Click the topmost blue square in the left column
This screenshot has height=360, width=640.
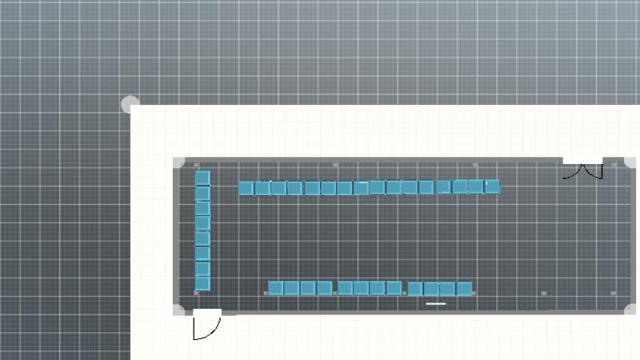click(203, 178)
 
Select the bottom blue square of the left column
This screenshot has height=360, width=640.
click(203, 283)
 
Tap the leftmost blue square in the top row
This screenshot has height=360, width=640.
click(246, 188)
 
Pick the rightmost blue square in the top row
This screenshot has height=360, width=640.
click(493, 186)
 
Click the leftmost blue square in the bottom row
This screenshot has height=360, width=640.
click(276, 288)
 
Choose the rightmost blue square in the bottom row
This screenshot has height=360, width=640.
click(464, 288)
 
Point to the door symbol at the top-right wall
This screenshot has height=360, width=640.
click(582, 167)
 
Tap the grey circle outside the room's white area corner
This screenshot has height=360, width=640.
click(130, 104)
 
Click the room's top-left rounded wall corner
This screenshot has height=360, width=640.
click(178, 162)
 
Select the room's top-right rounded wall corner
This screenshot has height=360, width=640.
click(630, 162)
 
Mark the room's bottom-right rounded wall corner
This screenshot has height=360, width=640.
click(630, 310)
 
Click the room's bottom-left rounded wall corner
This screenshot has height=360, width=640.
click(178, 310)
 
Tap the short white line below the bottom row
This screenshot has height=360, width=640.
click(436, 304)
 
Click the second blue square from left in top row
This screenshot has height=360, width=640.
click(262, 188)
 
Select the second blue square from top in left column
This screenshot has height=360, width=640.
click(203, 193)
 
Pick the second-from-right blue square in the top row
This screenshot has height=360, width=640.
click(476, 186)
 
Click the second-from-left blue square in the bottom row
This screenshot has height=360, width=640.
click(292, 288)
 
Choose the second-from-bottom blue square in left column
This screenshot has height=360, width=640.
click(203, 268)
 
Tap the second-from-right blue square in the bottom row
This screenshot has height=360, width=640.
click(448, 288)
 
